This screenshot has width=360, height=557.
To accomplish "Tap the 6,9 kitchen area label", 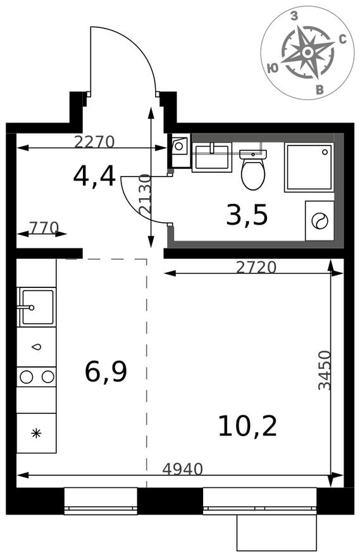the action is pyautogui.click(x=106, y=372).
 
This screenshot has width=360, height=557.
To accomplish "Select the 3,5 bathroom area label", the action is pyautogui.click(x=247, y=215).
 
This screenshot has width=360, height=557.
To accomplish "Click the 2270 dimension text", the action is pyautogui.click(x=94, y=142).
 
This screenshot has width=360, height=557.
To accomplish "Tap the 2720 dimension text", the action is pyautogui.click(x=256, y=267).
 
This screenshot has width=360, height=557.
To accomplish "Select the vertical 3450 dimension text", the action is pyautogui.click(x=325, y=370).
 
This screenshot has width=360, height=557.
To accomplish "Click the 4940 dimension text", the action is pyautogui.click(x=182, y=469).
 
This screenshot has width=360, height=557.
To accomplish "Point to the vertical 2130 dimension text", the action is pyautogui.click(x=146, y=194).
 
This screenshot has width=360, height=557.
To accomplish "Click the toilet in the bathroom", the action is pyautogui.click(x=253, y=170).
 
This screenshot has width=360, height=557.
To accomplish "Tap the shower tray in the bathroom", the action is pyautogui.click(x=309, y=167).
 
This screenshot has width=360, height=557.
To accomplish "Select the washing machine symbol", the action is pyautogui.click(x=320, y=221).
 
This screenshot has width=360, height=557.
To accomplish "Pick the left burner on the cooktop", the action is pyautogui.click(x=27, y=377).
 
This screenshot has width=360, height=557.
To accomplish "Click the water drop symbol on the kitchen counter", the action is pyautogui.click(x=37, y=347).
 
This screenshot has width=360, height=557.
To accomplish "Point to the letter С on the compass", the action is pyautogui.click(x=343, y=39).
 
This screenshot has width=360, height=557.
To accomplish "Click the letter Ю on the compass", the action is pyautogui.click(x=273, y=68).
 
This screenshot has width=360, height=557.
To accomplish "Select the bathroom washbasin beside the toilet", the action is pyautogui.click(x=211, y=158).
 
